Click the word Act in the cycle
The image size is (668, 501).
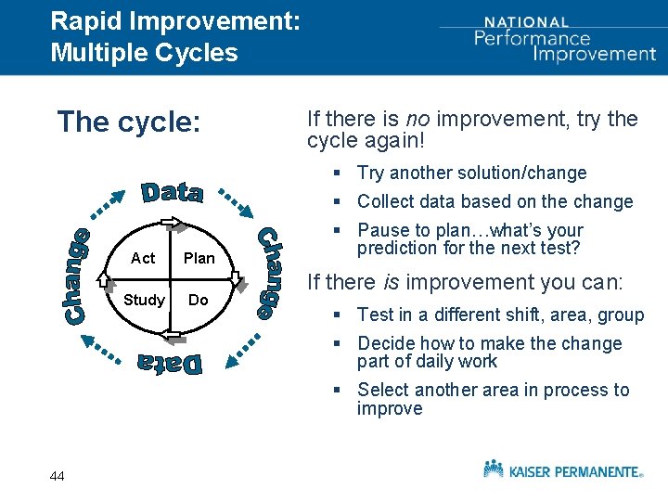pos(143,258)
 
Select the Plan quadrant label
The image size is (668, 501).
pos(199,258)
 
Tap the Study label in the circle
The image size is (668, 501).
pos(144,300)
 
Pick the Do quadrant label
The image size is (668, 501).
pos(199,300)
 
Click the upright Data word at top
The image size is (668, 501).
pos(173,192)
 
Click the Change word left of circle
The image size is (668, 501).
pos(79,276)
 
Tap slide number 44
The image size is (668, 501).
pos(58,476)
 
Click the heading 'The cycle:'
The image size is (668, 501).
pos(129,122)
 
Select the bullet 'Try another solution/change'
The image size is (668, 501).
pos(471,173)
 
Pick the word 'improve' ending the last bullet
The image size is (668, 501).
pos(390,408)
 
